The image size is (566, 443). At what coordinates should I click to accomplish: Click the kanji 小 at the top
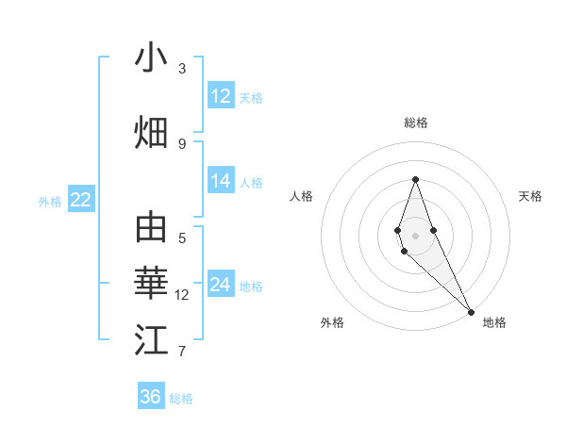pos(151,58)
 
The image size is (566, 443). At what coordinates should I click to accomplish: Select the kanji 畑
pos(151,132)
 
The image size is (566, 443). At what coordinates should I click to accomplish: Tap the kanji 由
pos(151,228)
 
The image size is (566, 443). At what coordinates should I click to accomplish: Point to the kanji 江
pos(151,340)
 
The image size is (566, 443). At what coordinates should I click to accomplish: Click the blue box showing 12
pos(221,96)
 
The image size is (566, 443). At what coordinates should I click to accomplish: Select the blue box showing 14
pos(221,181)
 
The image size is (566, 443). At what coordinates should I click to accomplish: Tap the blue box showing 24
pos(221,285)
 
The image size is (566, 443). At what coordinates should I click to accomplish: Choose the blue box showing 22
pos(80,200)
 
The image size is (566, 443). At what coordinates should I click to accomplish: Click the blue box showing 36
pos(151,397)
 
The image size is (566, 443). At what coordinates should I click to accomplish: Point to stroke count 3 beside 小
pos(182,69)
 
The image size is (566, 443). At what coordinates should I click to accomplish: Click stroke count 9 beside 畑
pos(182,143)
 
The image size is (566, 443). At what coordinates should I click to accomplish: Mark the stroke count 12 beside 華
pos(182,295)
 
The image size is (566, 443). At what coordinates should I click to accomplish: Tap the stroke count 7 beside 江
pos(182,352)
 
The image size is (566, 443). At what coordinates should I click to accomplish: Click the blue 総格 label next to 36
pos(181,399)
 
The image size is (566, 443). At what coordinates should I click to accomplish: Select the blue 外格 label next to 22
pos(50,201)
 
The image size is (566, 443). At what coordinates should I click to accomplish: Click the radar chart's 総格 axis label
pos(415,123)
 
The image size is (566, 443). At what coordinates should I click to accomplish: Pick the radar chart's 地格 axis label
pos(494,322)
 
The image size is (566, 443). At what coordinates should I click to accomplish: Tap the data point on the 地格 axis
pos(471,311)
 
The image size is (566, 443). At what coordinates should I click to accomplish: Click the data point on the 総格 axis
pos(415,179)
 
